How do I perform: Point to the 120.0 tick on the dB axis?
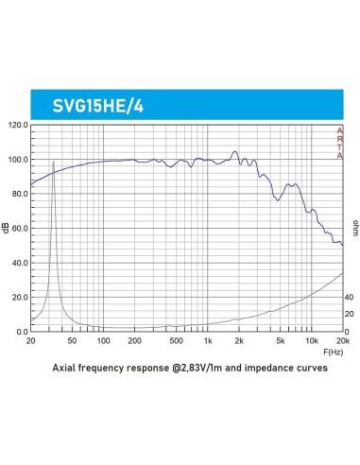[x=18, y=125]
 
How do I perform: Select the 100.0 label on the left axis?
[x=18, y=159]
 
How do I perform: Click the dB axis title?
[x=8, y=228]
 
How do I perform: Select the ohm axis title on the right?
[x=355, y=227]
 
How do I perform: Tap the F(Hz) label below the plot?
[x=334, y=350]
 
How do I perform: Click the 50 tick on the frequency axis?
[x=72, y=339]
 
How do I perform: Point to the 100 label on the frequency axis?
[x=103, y=339]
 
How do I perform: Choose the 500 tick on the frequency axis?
[x=176, y=339]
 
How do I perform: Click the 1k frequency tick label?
[x=208, y=339]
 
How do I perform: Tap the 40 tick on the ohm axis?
[x=349, y=297]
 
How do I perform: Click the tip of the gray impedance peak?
[x=53, y=163]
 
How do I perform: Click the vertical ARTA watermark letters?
[x=340, y=144]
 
